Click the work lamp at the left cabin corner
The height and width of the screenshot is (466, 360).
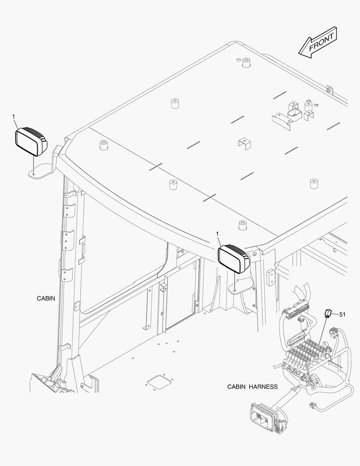31,142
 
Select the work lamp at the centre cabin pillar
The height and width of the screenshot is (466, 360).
234,258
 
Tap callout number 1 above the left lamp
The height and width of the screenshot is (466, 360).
14,116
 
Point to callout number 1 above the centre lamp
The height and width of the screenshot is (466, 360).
217,234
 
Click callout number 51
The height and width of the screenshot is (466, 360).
342,315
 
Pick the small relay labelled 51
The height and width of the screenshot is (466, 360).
328,313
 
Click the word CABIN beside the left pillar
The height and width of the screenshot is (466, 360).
46,298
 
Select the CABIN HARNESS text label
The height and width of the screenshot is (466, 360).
253,387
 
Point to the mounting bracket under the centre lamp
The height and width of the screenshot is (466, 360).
241,286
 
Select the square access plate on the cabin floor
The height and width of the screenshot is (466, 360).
159,382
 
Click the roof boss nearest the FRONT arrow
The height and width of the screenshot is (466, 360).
246,63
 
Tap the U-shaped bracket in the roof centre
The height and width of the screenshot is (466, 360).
244,143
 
